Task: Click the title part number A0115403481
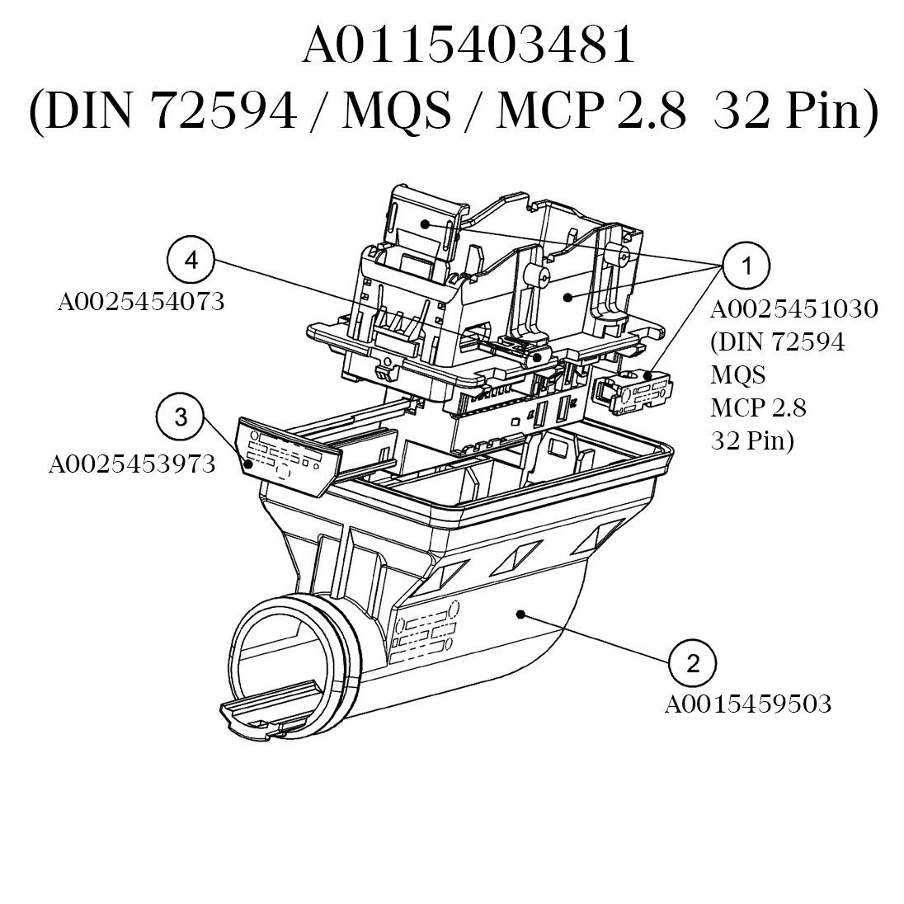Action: [x=468, y=46]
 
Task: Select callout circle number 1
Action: [x=746, y=266]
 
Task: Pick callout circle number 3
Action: [x=181, y=417]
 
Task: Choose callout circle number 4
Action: [x=191, y=261]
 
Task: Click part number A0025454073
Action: [x=140, y=302]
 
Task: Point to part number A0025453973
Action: [x=132, y=464]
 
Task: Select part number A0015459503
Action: [x=747, y=704]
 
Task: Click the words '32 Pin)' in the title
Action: [x=795, y=111]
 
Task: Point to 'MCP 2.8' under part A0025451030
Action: [x=758, y=407]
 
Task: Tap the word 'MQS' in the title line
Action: [x=395, y=111]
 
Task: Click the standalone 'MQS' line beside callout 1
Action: [x=737, y=374]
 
